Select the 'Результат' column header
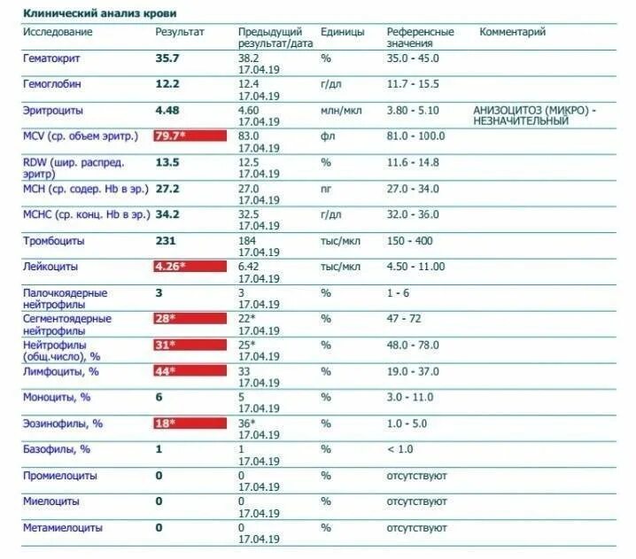(x=180, y=32)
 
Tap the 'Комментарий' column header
(x=512, y=32)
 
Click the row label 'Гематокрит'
(x=54, y=58)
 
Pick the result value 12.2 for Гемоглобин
(x=167, y=84)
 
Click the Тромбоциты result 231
(x=166, y=241)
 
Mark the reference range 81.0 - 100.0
(x=415, y=136)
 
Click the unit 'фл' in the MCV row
(x=326, y=136)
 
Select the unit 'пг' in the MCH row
(x=326, y=189)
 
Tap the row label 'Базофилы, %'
(x=57, y=449)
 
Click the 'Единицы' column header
(x=342, y=32)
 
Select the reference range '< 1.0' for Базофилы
(x=400, y=449)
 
